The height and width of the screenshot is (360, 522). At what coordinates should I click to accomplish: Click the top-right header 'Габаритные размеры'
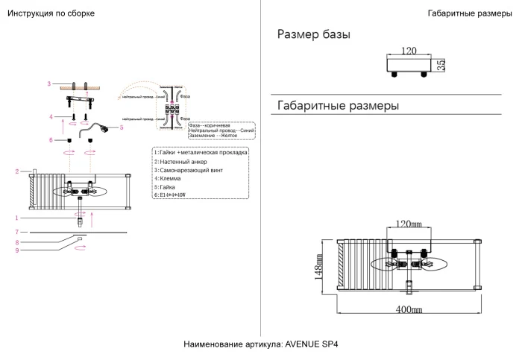(x=469, y=14)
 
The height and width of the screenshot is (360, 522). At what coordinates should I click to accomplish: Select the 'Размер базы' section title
(x=313, y=35)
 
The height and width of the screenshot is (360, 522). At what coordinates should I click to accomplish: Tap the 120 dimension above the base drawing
(x=408, y=51)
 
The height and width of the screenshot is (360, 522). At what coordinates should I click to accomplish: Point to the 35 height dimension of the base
(x=441, y=66)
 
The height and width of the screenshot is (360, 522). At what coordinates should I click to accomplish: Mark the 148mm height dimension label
(x=319, y=263)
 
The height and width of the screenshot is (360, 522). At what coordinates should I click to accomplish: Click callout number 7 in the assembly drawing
(x=16, y=233)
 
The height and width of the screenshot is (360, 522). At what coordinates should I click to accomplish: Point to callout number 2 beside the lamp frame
(x=16, y=171)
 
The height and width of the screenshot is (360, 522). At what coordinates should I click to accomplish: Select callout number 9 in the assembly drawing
(x=16, y=250)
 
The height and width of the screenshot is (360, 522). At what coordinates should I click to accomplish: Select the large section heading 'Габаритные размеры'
(x=338, y=106)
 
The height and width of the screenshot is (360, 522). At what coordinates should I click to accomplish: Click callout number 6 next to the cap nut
(x=51, y=139)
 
